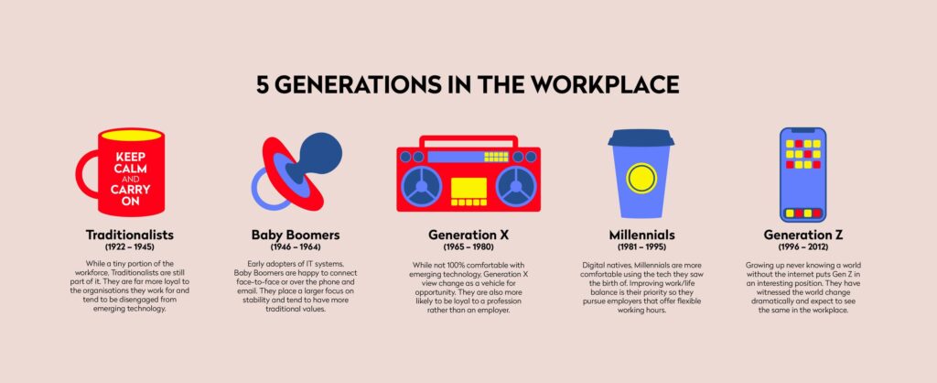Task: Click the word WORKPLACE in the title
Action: click(608, 84)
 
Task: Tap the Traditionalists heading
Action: click(130, 235)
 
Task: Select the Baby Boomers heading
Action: click(296, 235)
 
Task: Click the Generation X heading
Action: click(468, 235)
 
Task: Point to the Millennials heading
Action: click(641, 235)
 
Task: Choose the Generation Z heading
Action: click(803, 235)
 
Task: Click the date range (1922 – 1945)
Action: click(130, 246)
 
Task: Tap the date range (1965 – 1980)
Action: click(468, 246)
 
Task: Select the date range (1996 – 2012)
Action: click(803, 246)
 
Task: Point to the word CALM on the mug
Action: click(131, 169)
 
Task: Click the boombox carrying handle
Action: click(468, 141)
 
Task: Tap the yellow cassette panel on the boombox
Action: click(468, 188)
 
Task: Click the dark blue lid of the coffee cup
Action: click(641, 138)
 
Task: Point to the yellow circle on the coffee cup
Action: click(641, 178)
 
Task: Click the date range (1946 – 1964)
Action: click(296, 246)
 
